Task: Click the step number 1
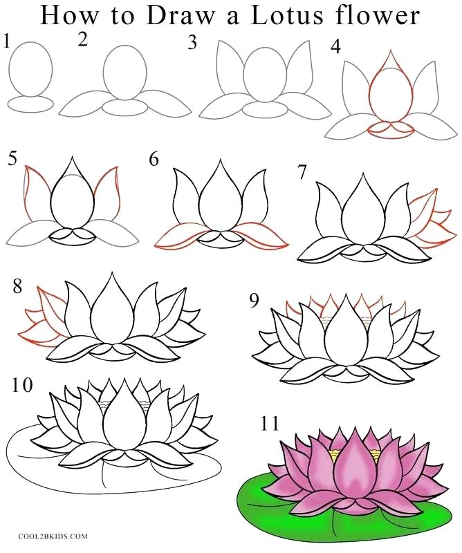(6, 43)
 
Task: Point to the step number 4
(336, 48)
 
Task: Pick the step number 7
(302, 171)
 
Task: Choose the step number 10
(21, 385)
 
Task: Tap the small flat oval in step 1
(31, 104)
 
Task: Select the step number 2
(84, 40)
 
